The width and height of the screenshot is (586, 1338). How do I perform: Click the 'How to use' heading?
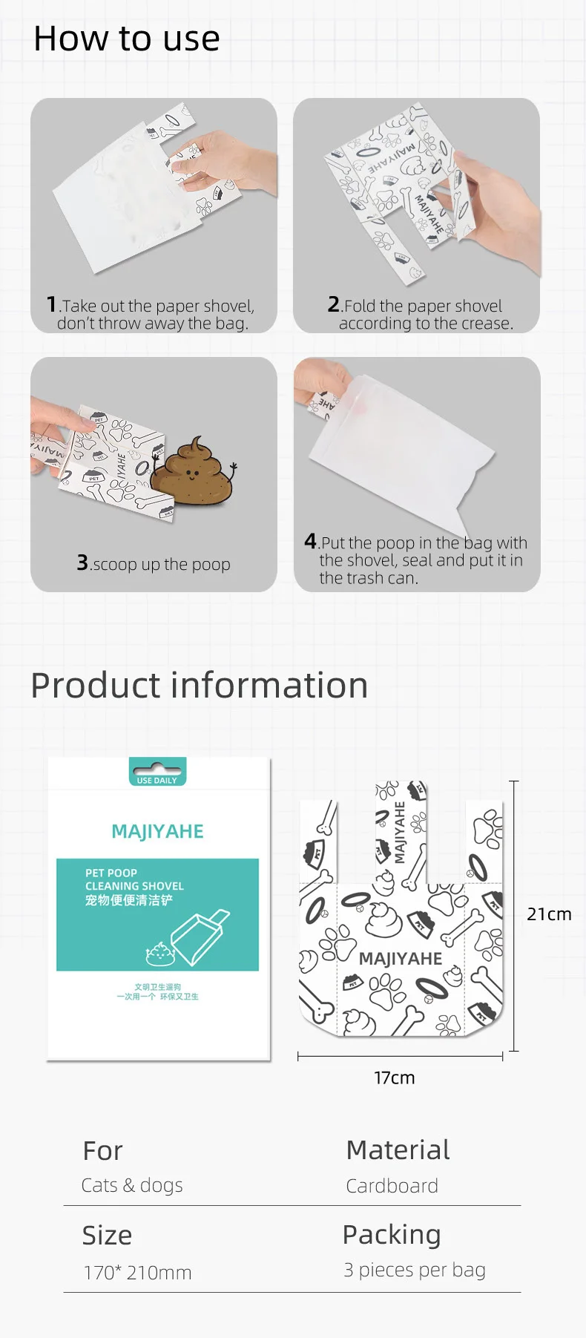point(126,39)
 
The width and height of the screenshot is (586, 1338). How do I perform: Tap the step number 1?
point(51,304)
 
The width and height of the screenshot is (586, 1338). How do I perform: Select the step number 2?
point(333,304)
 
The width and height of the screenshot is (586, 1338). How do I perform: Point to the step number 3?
point(82,563)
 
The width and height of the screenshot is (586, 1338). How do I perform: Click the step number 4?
point(310,541)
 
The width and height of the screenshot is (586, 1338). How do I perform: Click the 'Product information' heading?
point(199,685)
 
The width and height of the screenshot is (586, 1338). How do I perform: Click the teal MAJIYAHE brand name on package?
point(157,832)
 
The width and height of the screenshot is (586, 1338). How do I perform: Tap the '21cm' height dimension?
point(549,914)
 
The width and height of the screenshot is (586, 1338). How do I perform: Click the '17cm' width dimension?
point(394,1078)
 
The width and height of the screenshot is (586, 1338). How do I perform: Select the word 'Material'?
point(398,1150)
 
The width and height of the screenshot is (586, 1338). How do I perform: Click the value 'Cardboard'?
point(392,1186)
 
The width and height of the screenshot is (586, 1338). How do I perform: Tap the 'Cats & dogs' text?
point(132,1186)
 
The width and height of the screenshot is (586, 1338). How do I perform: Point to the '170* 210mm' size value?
point(137,1273)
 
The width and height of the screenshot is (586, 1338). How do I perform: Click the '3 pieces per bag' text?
point(414,1270)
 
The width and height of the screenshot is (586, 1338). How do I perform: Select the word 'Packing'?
point(392,1235)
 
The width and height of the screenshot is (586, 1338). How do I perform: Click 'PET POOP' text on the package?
point(111,873)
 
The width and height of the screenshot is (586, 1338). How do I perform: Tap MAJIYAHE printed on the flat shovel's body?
point(400,959)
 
